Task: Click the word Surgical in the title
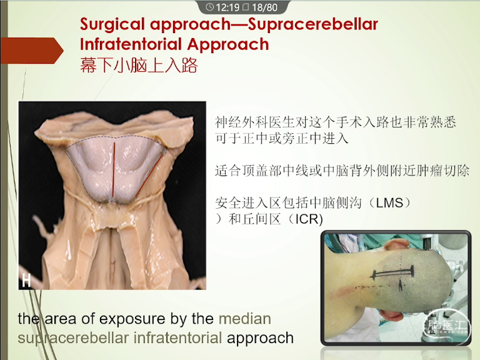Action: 112,25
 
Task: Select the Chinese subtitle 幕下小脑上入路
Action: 139,65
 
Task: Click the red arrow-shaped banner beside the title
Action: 32,51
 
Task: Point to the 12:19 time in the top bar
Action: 227,7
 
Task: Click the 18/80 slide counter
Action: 265,7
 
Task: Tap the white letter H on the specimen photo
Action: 27,280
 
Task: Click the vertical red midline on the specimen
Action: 114,169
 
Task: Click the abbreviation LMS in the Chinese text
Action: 389,202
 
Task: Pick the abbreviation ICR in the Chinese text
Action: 309,219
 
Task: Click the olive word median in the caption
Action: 245,319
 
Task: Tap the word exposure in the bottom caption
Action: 132,319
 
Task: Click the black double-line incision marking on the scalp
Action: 392,272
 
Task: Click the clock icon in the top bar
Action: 210,7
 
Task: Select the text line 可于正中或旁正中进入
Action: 282,139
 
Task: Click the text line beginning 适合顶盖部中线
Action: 342,171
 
